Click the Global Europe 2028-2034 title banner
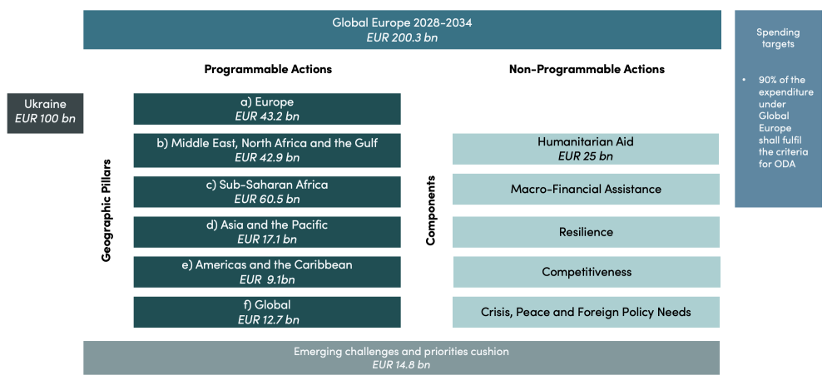tap(402, 29)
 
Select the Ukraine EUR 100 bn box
tap(45, 111)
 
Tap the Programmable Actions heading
tap(268, 69)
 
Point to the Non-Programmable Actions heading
tap(587, 69)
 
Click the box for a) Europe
tap(267, 109)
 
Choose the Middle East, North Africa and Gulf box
tap(267, 150)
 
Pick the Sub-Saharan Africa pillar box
tap(267, 191)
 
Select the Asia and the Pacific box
tap(267, 232)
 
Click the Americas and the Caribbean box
tap(267, 272)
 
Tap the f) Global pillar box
tap(267, 312)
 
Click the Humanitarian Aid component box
tap(586, 149)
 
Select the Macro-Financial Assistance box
tap(586, 189)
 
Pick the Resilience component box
tap(586, 232)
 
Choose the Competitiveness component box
tap(586, 272)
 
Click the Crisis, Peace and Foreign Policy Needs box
tap(586, 312)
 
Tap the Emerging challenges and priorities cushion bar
tap(402, 358)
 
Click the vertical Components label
tap(431, 210)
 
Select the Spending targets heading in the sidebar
tap(779, 37)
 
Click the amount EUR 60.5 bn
tap(267, 199)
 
